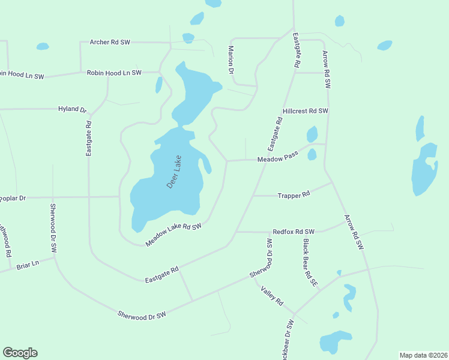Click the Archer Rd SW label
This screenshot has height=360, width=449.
pos(109,42)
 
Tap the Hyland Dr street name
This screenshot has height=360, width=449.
pos(73,109)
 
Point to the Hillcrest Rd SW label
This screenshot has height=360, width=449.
pos(306,111)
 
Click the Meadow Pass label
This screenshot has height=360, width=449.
pos(277,159)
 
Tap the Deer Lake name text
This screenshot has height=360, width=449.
pos(173,173)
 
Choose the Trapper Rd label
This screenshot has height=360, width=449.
pos(294,195)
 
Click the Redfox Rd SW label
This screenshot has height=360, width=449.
pos(294,232)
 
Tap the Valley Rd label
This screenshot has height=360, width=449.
pos(271,296)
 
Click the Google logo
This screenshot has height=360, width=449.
pos(20,353)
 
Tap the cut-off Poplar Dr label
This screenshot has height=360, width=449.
pos(13,197)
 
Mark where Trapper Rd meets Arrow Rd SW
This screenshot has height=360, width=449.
pos(332,182)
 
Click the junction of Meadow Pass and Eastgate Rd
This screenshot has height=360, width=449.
pos(265,160)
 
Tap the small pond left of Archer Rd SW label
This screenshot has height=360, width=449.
pos(42,46)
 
